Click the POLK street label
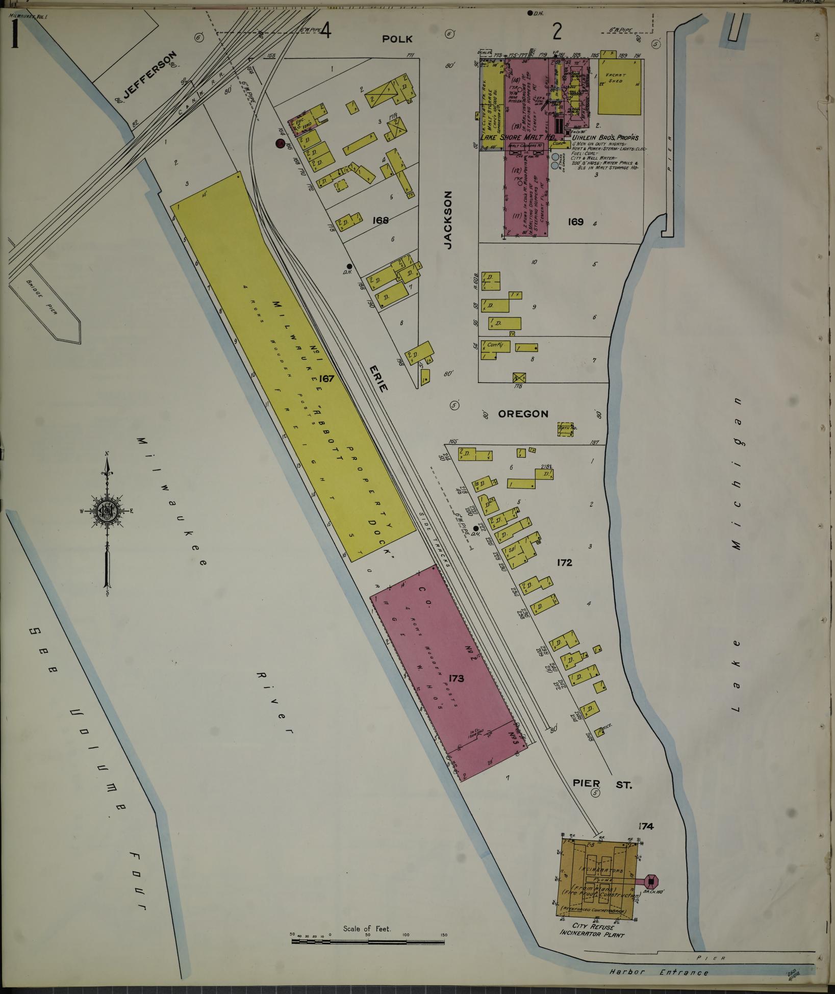click(398, 39)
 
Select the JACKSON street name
click(448, 220)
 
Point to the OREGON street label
click(523, 414)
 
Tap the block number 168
click(381, 220)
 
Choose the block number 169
click(575, 222)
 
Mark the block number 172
click(565, 563)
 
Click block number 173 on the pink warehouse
click(456, 678)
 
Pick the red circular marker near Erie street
click(280, 144)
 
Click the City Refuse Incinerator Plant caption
click(592, 930)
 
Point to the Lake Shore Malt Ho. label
click(516, 137)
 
